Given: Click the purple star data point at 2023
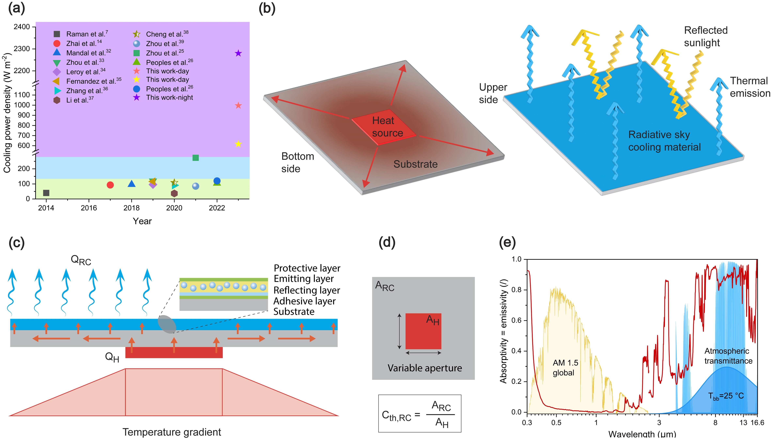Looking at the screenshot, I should click(x=238, y=53).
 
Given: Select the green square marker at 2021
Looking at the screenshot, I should click(x=196, y=158).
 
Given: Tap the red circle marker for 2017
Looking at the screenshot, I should click(x=110, y=185).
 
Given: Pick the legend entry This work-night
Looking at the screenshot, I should click(x=169, y=97).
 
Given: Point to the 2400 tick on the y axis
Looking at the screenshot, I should click(x=22, y=27).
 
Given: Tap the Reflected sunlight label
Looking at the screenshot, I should click(x=706, y=36).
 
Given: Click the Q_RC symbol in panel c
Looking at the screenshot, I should click(x=81, y=260).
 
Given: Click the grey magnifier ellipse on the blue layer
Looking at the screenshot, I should click(x=167, y=324).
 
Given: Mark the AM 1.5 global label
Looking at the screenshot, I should click(x=565, y=367).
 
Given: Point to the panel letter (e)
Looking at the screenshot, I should click(x=507, y=242).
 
